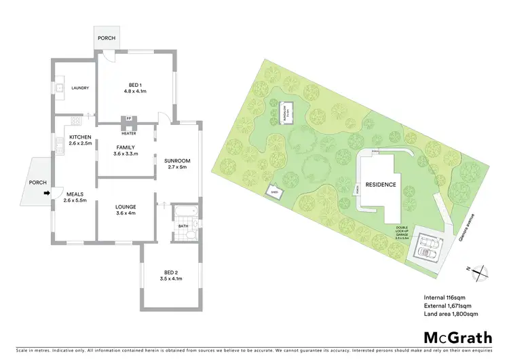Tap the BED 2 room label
(x=171, y=275)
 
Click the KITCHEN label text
(x=80, y=140)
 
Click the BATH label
(x=183, y=226)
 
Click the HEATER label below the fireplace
(x=129, y=133)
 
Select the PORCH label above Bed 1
(x=106, y=39)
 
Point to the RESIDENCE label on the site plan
(x=381, y=184)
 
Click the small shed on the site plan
(x=274, y=192)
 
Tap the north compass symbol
(x=480, y=272)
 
